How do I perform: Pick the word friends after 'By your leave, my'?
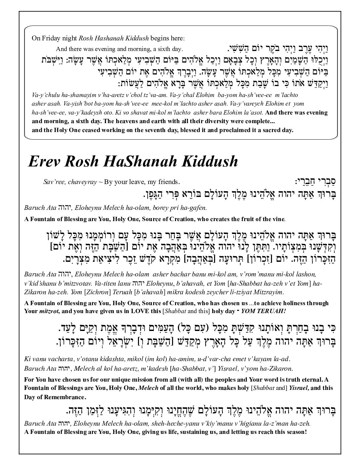point(168,182)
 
